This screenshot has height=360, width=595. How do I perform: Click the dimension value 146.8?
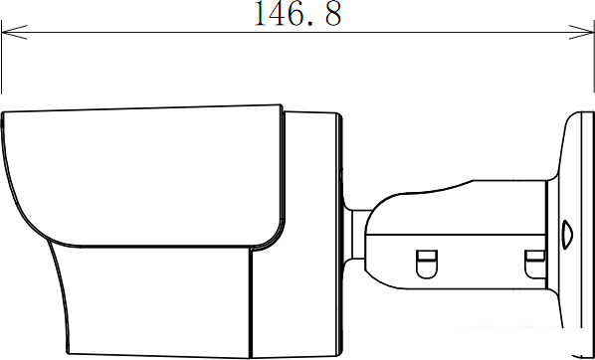(x=298, y=14)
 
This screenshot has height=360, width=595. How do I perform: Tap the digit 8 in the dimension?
(x=332, y=14)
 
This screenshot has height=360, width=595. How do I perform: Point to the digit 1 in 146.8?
(x=262, y=14)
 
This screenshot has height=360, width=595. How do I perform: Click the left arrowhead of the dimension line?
(x=14, y=32)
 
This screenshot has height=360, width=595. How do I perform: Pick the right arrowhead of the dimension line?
(x=581, y=32)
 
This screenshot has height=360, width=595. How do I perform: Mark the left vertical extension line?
(x=2, y=57)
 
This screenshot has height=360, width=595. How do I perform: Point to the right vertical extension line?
(x=594, y=56)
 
